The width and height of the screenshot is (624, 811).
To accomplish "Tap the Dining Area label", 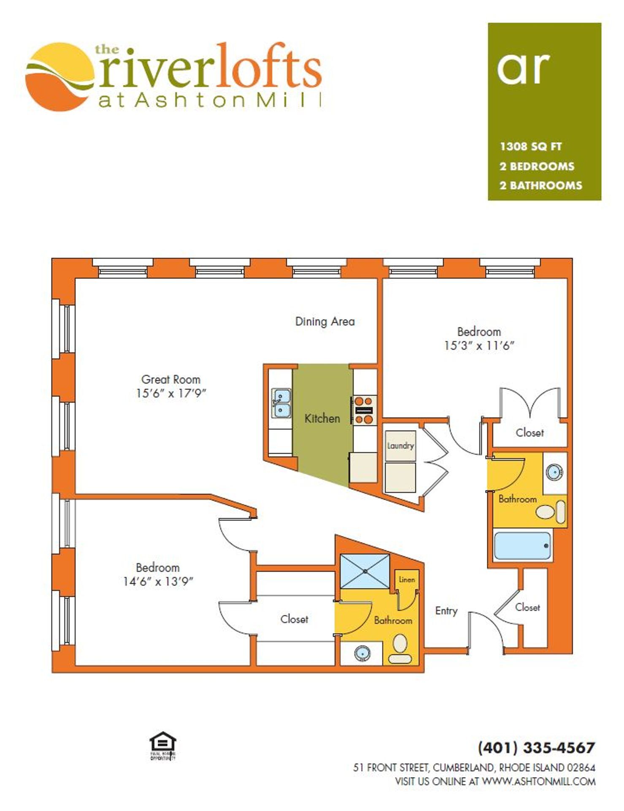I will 324,321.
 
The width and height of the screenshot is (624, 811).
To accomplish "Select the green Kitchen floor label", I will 322,418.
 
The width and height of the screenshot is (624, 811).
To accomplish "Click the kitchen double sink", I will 281,403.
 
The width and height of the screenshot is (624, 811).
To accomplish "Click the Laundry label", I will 400,446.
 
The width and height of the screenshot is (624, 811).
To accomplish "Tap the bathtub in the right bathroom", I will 523,545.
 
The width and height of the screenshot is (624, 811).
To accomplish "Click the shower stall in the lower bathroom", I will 365,571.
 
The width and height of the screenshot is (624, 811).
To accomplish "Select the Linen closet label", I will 407,580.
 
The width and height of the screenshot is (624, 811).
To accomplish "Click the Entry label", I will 446,611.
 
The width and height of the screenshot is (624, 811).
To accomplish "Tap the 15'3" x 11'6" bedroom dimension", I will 479,346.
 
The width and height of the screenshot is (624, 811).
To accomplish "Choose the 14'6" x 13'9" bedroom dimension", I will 158,581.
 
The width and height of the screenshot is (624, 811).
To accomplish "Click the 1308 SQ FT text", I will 530,147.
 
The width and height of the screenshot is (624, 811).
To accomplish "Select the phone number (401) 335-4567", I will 536,748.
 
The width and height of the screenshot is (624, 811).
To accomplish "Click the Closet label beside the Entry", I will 527,607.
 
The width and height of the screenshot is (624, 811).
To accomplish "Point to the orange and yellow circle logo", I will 59,77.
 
